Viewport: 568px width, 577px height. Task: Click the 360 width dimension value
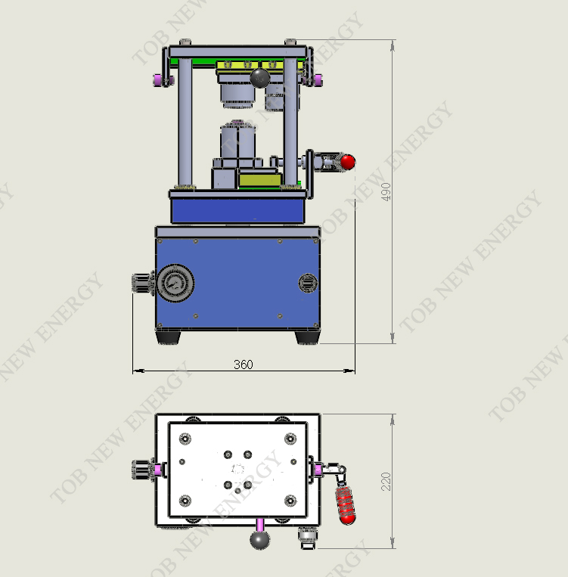(x=244, y=365)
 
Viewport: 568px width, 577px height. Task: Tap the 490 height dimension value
(x=386, y=192)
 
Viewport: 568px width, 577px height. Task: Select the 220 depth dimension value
(x=386, y=481)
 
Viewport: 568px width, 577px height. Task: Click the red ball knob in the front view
(x=347, y=162)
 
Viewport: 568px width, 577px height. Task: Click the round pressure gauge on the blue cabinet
(x=175, y=283)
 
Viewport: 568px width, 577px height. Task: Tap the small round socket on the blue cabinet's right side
(x=308, y=283)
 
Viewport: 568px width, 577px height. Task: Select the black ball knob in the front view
(x=260, y=78)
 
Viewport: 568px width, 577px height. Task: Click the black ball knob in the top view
(x=260, y=539)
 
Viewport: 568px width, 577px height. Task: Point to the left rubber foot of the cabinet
(x=168, y=337)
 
